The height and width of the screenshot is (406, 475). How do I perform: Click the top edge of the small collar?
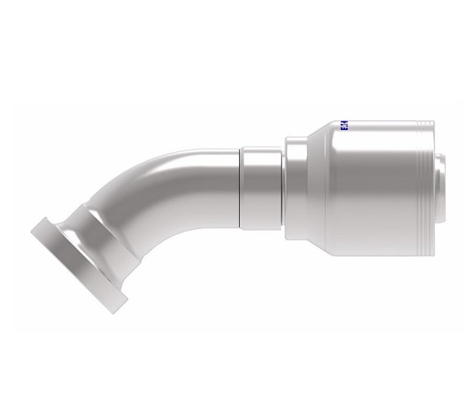click(262, 149)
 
